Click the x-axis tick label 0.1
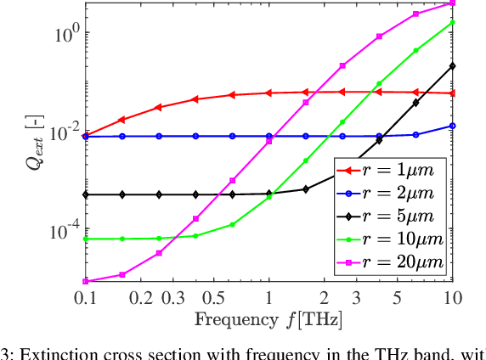tap(85, 298)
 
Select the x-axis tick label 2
tap(324, 298)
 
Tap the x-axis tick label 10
tap(452, 298)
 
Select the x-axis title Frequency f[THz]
tap(268, 320)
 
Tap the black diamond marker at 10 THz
tap(452, 65)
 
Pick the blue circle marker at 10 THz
tap(452, 126)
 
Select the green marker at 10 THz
tap(452, 22)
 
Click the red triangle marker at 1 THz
tap(268, 93)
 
